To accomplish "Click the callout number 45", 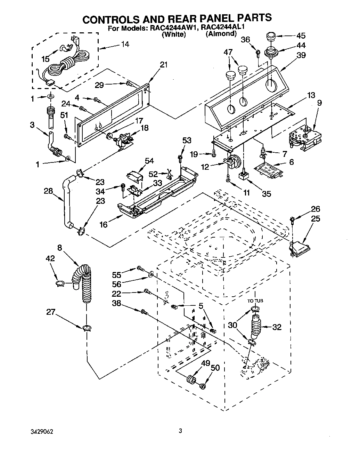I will pyautogui.click(x=301, y=35).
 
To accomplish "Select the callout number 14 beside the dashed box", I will pyautogui.click(x=124, y=44).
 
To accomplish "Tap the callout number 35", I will pyautogui.click(x=266, y=193).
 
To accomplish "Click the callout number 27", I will pyautogui.click(x=51, y=312).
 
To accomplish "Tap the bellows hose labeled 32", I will pyautogui.click(x=256, y=326).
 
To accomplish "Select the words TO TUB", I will pyautogui.click(x=255, y=301).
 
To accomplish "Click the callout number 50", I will pyautogui.click(x=215, y=368).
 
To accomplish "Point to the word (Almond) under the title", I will pyautogui.click(x=221, y=34).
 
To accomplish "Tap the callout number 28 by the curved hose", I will pyautogui.click(x=48, y=191).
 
